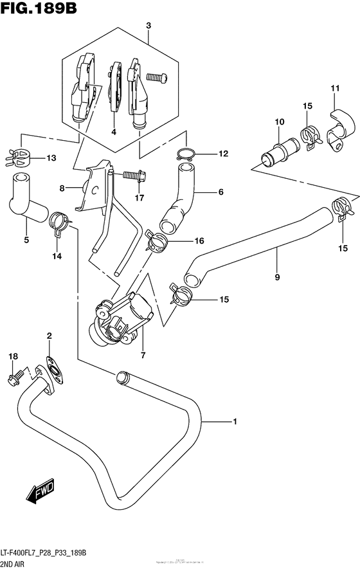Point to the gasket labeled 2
tap(50, 367)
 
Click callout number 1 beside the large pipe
tap(235, 422)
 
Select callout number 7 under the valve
tap(143, 354)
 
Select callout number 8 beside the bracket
tap(62, 188)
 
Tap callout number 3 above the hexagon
tap(148, 25)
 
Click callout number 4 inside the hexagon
tap(113, 132)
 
